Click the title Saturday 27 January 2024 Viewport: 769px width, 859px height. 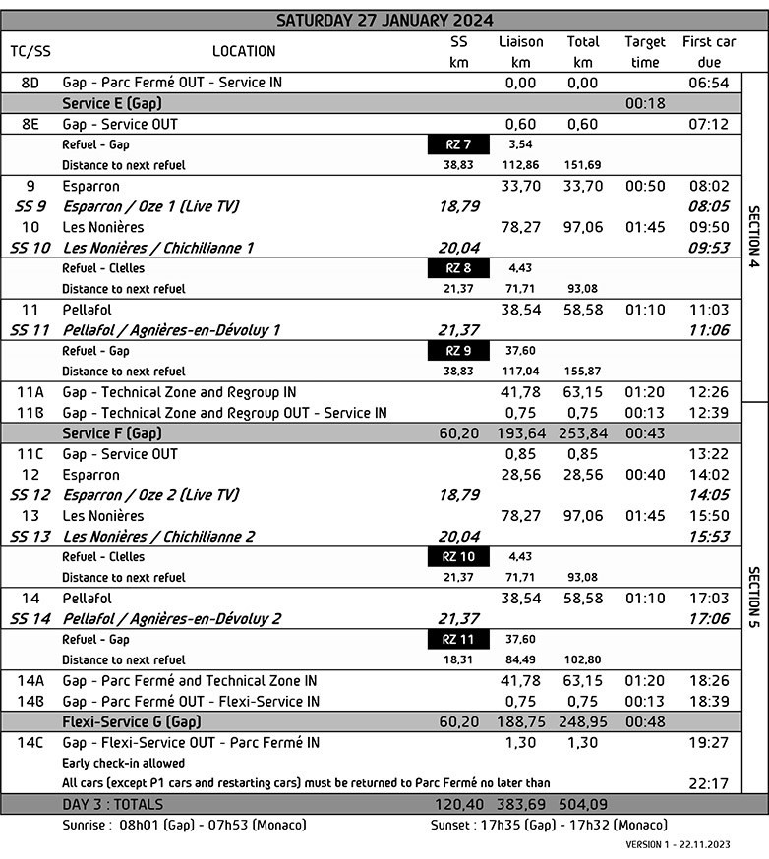(x=384, y=20)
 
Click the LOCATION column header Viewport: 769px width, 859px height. (x=244, y=51)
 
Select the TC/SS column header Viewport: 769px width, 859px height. (x=30, y=51)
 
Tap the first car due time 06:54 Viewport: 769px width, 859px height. (x=709, y=84)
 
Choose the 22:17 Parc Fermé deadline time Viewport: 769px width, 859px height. (x=709, y=783)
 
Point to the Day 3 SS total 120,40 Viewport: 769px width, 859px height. (x=458, y=805)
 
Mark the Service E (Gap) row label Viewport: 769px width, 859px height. (x=111, y=103)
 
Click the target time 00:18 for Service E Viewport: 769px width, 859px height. (x=644, y=103)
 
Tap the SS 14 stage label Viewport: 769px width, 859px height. (x=30, y=619)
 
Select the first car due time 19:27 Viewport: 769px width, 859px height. (x=709, y=743)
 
